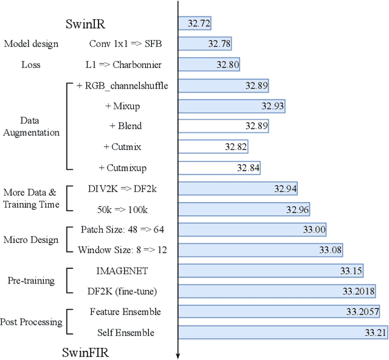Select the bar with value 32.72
coord(194,24)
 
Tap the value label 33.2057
coord(362,312)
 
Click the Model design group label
coord(31,44)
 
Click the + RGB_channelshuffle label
coord(122,86)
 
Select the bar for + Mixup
coord(232,106)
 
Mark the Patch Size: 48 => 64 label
coord(122,229)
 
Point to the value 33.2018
coord(358,291)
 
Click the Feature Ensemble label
coord(125,312)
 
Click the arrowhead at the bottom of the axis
coord(177,355)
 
